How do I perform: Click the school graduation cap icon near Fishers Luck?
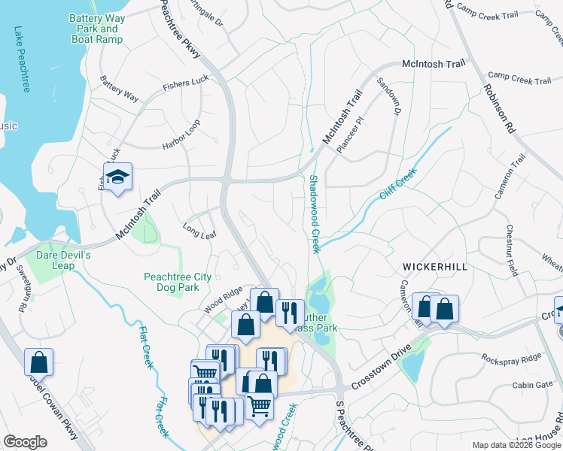coord(117,177)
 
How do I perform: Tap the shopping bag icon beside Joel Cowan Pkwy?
coord(38,362)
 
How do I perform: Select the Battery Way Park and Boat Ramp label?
coord(95,29)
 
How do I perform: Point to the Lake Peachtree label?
coord(21,60)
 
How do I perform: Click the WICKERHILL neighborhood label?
coord(435,267)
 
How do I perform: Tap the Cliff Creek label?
coord(397,184)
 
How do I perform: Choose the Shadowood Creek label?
coord(314,214)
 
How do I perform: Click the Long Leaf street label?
coord(199,226)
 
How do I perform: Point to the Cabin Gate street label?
coord(532,385)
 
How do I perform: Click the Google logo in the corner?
coord(26,441)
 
